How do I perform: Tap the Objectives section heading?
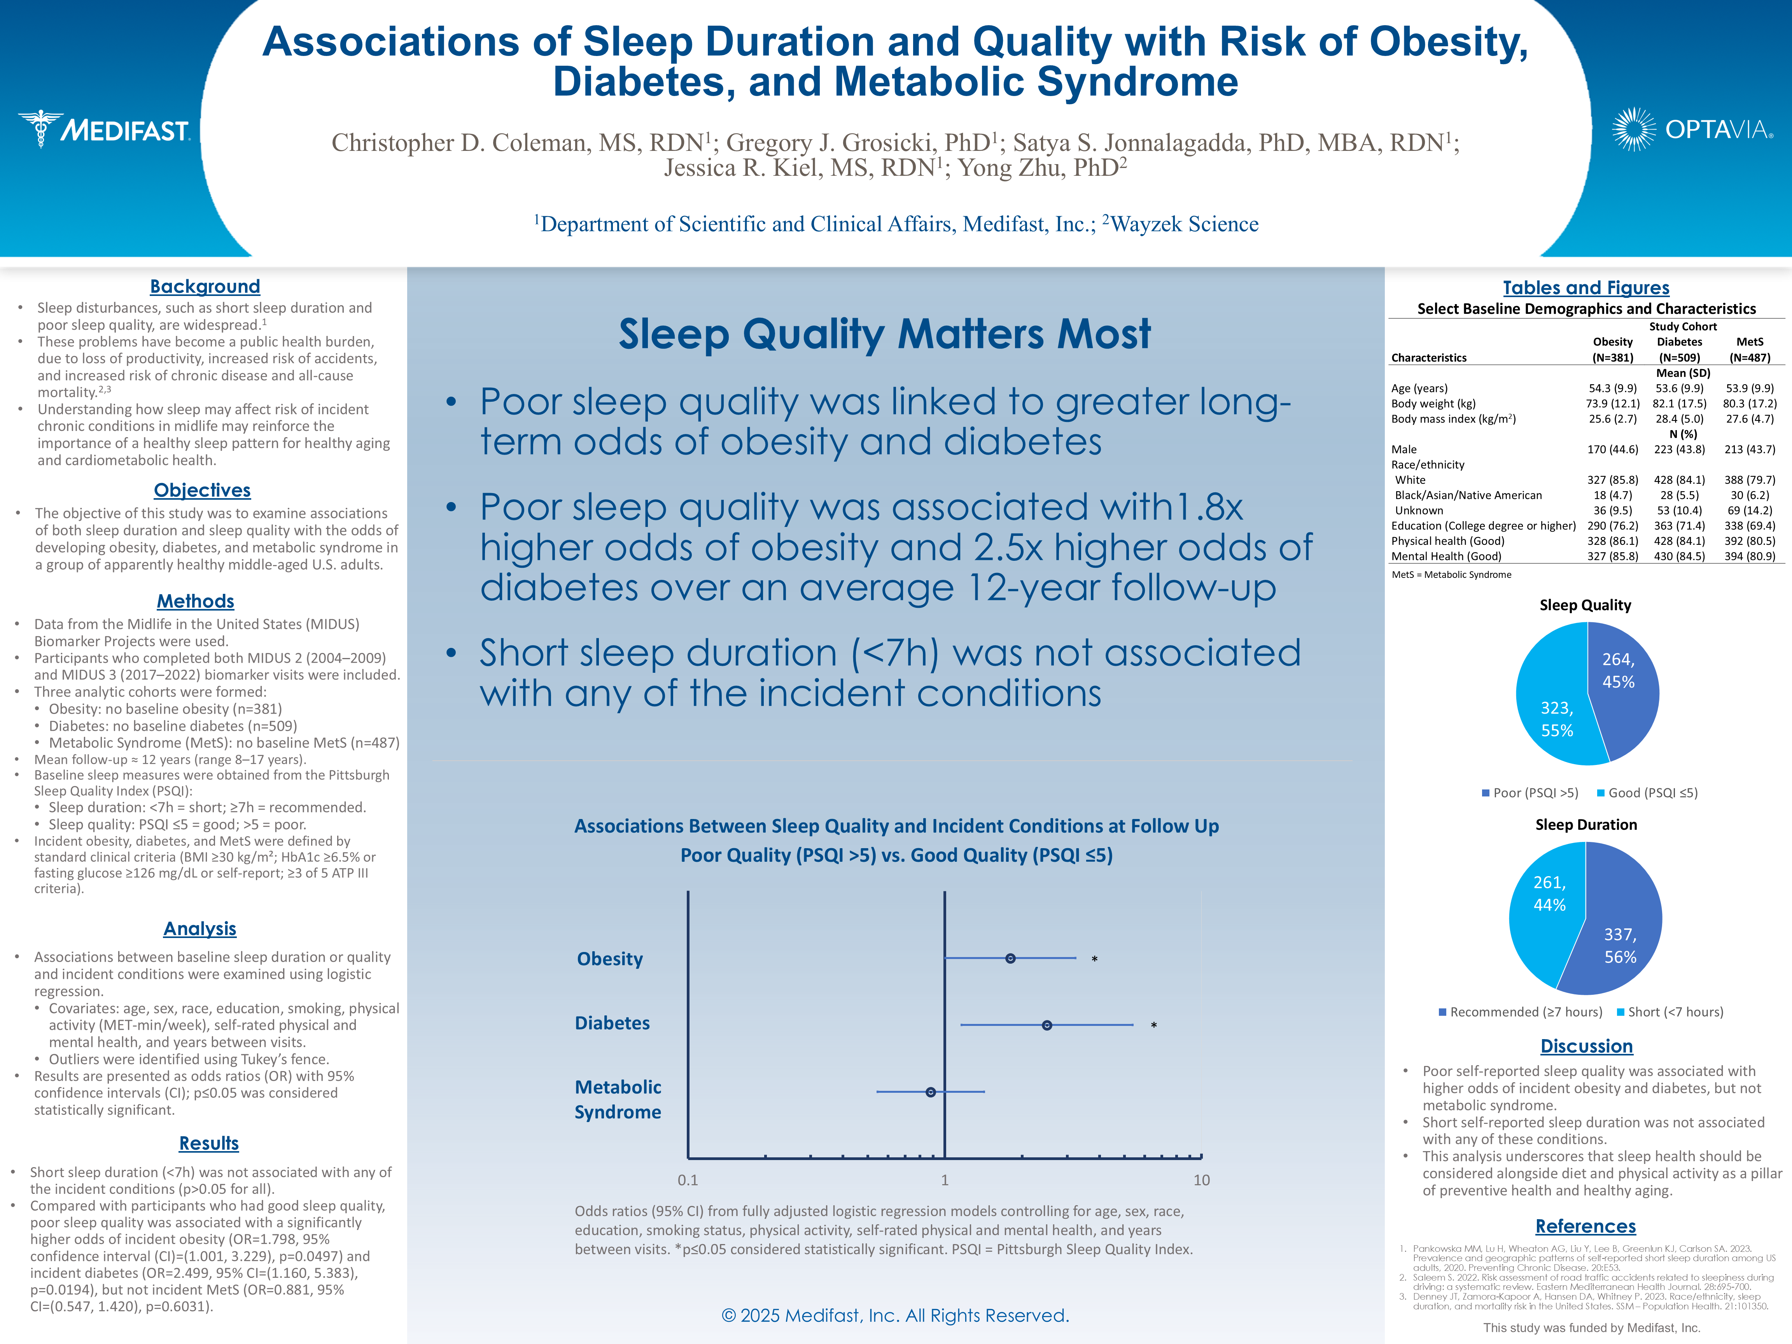click(x=203, y=490)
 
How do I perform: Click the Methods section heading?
click(x=195, y=601)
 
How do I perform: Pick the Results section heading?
click(x=209, y=1143)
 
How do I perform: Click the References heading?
click(x=1585, y=1226)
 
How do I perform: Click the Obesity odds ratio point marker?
click(x=1010, y=958)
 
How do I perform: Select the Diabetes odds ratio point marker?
click(x=1046, y=1025)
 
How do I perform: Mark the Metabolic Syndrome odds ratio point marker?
click(x=931, y=1092)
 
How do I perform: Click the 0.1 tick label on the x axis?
click(x=688, y=1180)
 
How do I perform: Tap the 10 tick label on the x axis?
click(x=1201, y=1180)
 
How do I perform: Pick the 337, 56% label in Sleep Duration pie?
click(x=1620, y=945)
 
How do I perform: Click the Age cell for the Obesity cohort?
click(x=1612, y=388)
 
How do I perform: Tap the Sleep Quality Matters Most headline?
click(x=885, y=334)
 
